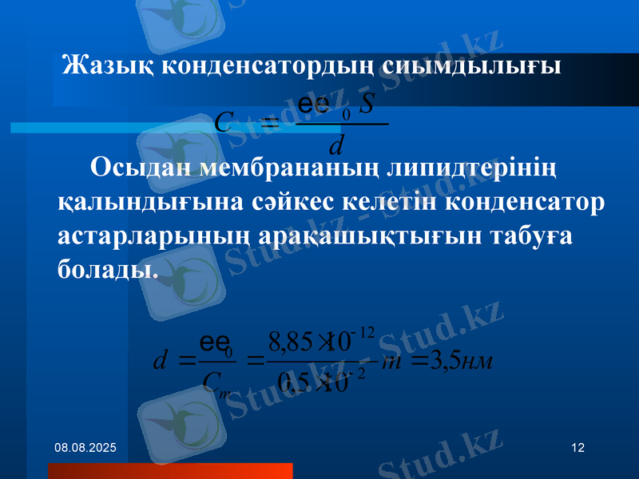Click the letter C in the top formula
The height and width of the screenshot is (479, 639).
pos(224,122)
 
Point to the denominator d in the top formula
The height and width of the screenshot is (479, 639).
pos(336,145)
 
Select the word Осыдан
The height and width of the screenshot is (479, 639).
pos(141,169)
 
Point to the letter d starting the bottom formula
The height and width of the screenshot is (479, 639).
pos(159,362)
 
